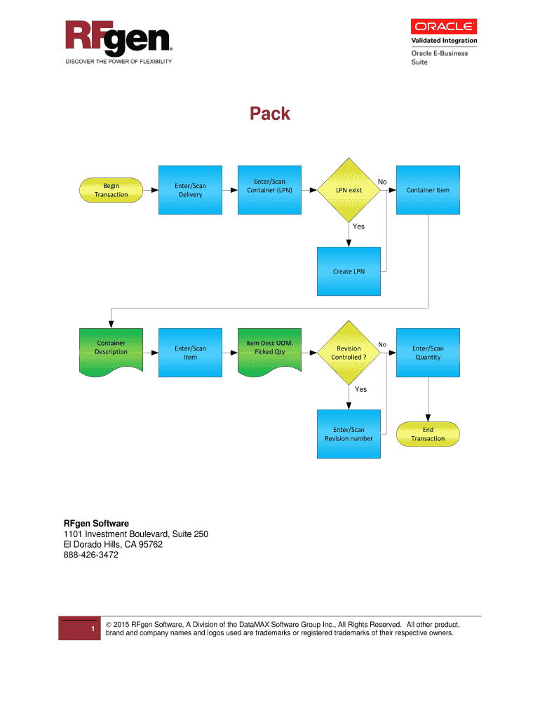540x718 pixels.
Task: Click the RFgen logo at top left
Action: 119,39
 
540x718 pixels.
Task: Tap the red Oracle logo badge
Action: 444,27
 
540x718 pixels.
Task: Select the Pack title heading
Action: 271,114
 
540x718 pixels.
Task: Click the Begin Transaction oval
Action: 111,190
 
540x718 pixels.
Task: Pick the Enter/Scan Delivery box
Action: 190,190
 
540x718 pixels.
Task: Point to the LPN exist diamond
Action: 349,190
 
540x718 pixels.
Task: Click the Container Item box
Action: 428,190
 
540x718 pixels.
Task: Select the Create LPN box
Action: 349,271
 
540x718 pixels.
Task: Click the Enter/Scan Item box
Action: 190,353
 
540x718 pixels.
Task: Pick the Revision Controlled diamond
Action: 349,353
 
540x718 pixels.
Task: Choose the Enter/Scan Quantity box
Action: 428,353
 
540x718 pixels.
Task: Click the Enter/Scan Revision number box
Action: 349,434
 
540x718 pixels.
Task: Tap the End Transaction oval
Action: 428,434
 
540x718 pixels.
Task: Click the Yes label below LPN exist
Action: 358,226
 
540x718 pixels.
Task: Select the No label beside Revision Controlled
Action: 382,344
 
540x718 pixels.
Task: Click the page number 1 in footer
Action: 93,629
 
